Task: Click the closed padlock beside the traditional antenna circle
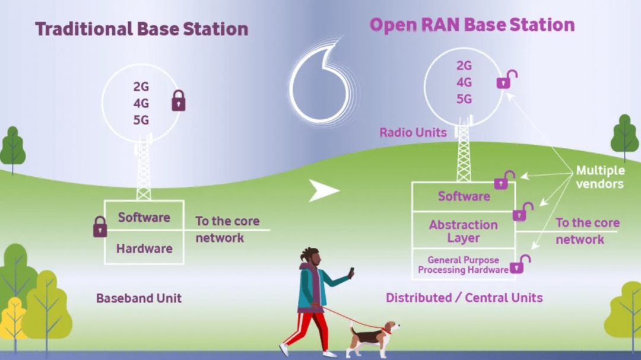(179, 101)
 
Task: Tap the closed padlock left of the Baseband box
(100, 227)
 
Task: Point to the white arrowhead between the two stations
(323, 190)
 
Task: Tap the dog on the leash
(372, 337)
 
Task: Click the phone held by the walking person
(351, 273)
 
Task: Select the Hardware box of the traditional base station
(144, 249)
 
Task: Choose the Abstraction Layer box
(464, 231)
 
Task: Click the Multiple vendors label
(600, 177)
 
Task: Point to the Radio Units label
(413, 132)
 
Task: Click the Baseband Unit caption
(139, 298)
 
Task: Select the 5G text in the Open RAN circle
(464, 99)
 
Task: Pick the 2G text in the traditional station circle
(141, 87)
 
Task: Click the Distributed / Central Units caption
(464, 298)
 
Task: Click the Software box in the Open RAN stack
(464, 196)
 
